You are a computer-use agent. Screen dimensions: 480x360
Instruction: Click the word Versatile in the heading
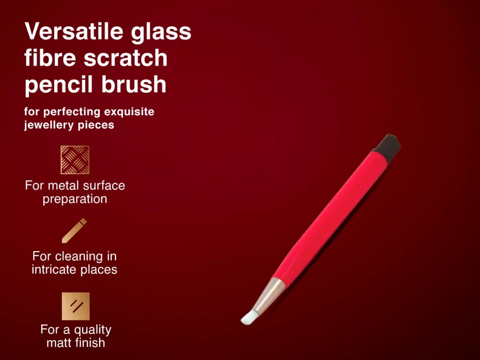coord(74,31)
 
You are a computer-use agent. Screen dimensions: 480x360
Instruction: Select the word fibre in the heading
coord(50,57)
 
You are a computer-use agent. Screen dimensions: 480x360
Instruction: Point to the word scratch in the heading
coord(126,57)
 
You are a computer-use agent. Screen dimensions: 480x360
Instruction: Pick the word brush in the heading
coord(134,84)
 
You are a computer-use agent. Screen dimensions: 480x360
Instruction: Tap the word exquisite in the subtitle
coord(129,112)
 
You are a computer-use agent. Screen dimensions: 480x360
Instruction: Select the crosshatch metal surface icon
coord(75,160)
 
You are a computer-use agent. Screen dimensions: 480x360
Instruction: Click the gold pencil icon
coord(74,231)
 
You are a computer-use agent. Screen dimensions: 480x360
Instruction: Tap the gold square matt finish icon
coord(76,306)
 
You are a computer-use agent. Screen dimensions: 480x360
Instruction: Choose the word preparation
coord(75,199)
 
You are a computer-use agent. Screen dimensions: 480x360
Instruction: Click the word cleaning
coord(79,257)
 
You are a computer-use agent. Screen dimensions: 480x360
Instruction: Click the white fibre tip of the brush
coord(250,318)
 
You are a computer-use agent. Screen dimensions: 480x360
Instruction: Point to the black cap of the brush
coord(387,145)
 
